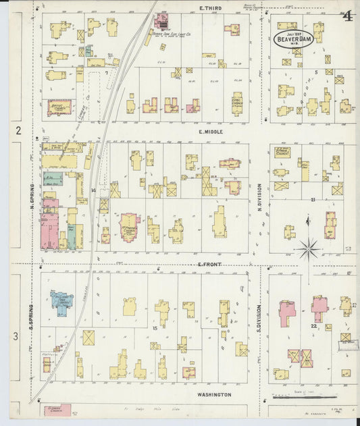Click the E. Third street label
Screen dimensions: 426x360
click(x=211, y=8)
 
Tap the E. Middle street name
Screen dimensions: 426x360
click(x=211, y=133)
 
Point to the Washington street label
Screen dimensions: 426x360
click(x=215, y=394)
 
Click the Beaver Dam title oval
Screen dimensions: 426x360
click(x=294, y=38)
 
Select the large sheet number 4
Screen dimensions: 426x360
click(x=346, y=16)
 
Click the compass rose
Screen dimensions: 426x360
click(x=308, y=248)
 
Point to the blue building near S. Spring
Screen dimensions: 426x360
click(x=61, y=298)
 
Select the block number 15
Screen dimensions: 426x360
click(x=155, y=327)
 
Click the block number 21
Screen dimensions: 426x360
click(x=313, y=200)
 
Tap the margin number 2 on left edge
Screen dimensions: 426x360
click(x=19, y=130)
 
